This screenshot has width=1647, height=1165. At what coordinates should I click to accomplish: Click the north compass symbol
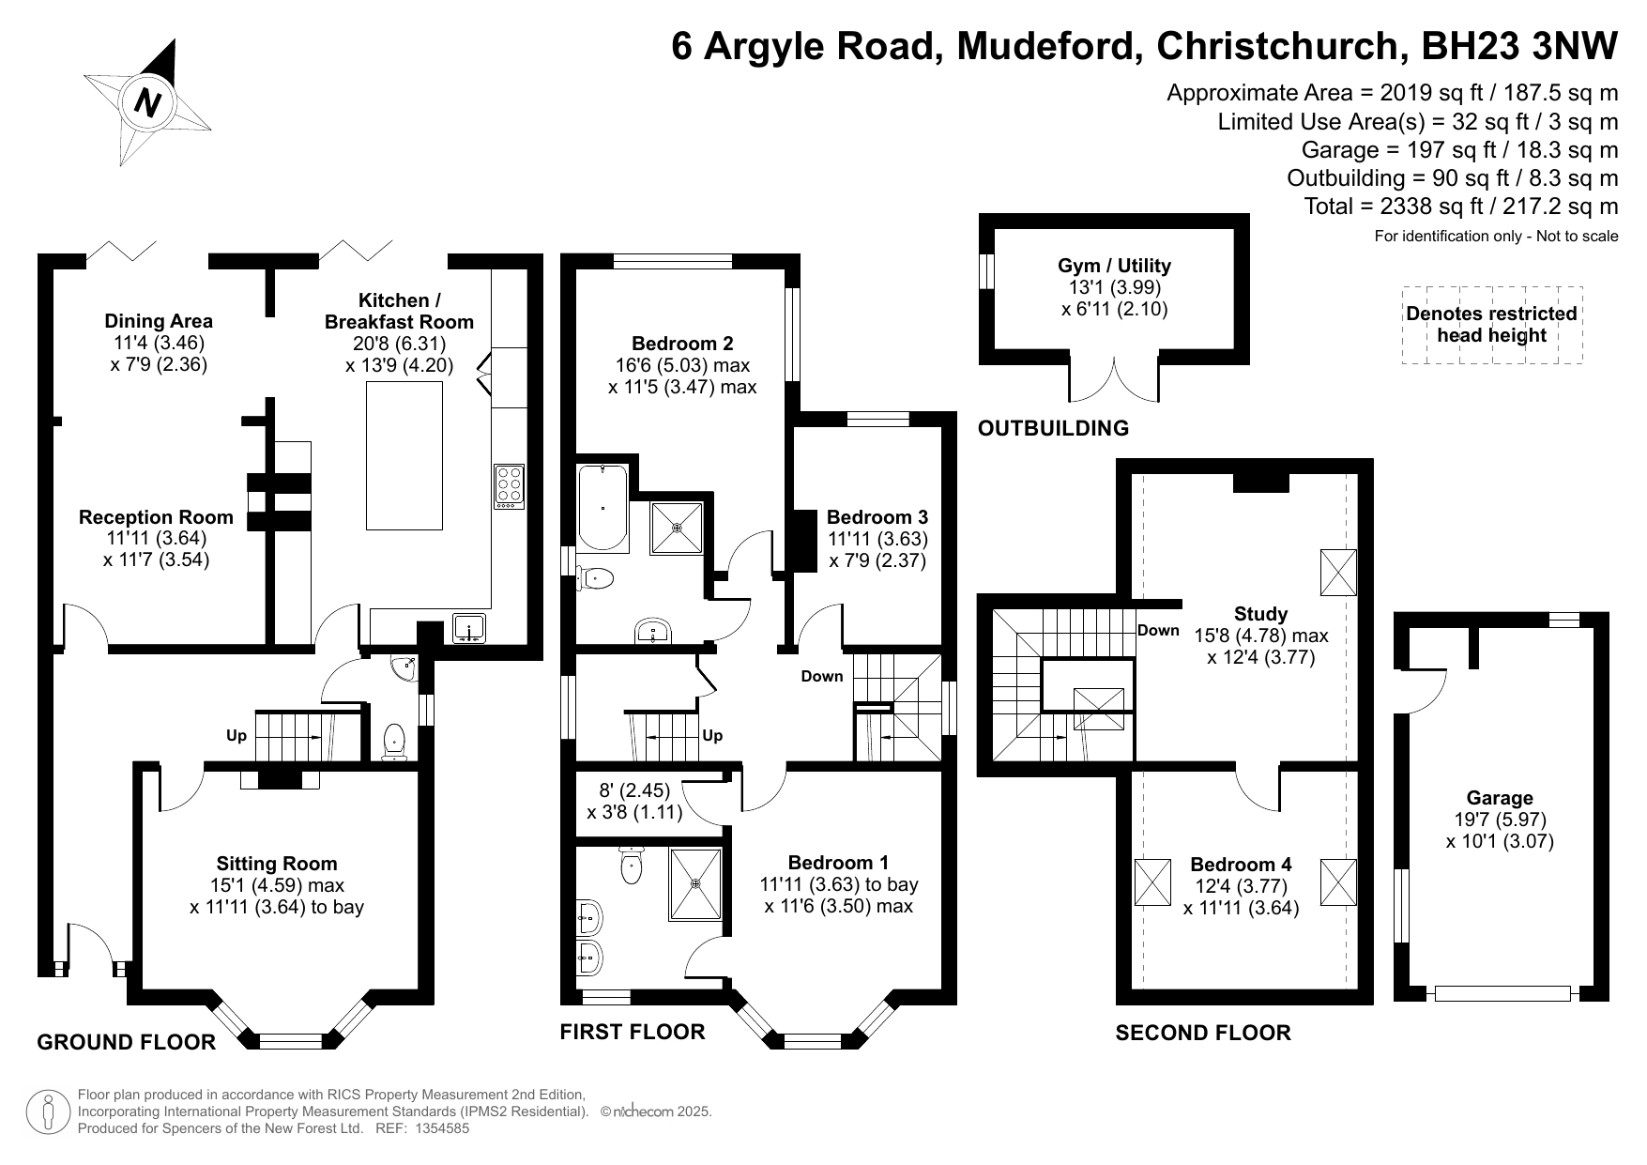point(147,101)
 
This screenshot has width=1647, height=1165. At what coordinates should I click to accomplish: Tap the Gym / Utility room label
point(1114,266)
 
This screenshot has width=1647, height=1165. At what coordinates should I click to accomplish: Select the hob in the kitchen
point(510,487)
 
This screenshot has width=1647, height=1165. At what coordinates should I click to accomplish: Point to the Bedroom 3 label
point(877,517)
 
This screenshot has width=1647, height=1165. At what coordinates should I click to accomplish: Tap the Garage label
point(1500,798)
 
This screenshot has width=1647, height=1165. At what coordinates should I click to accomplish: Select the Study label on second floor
point(1260,614)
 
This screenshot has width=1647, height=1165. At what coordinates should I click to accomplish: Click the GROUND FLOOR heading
point(126,1041)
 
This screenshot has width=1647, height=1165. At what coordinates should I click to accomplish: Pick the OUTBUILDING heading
point(1053,428)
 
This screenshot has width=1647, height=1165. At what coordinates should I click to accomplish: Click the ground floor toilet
point(395,741)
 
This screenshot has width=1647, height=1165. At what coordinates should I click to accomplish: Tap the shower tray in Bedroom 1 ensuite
point(695,883)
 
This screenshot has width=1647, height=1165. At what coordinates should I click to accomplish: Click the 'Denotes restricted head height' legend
point(1491,325)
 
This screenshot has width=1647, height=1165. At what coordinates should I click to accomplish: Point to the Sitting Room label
point(276,864)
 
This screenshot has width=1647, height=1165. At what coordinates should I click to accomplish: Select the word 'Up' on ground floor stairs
point(236,735)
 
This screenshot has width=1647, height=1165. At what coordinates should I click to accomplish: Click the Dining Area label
point(159,321)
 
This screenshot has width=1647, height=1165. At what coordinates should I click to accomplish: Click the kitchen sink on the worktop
point(468,627)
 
